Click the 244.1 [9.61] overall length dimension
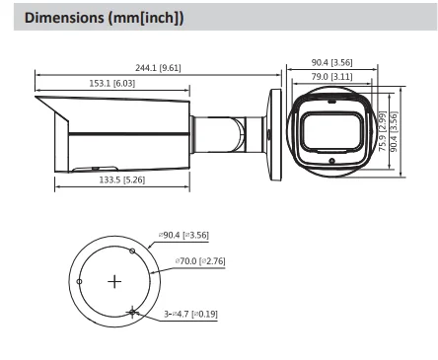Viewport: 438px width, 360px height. point(158,68)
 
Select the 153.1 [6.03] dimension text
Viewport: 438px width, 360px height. point(112,83)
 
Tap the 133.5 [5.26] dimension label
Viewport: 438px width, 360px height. point(122,180)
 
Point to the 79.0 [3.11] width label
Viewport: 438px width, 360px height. point(331,77)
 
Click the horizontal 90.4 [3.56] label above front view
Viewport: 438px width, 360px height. point(331,62)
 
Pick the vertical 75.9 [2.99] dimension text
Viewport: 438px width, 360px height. point(383,131)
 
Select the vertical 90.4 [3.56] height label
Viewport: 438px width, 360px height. point(394,131)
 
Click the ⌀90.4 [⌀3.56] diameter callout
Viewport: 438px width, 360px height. point(183,235)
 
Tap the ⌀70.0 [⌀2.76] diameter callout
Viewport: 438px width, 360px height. point(200,261)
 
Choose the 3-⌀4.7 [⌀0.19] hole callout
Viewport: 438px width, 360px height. point(190,314)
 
